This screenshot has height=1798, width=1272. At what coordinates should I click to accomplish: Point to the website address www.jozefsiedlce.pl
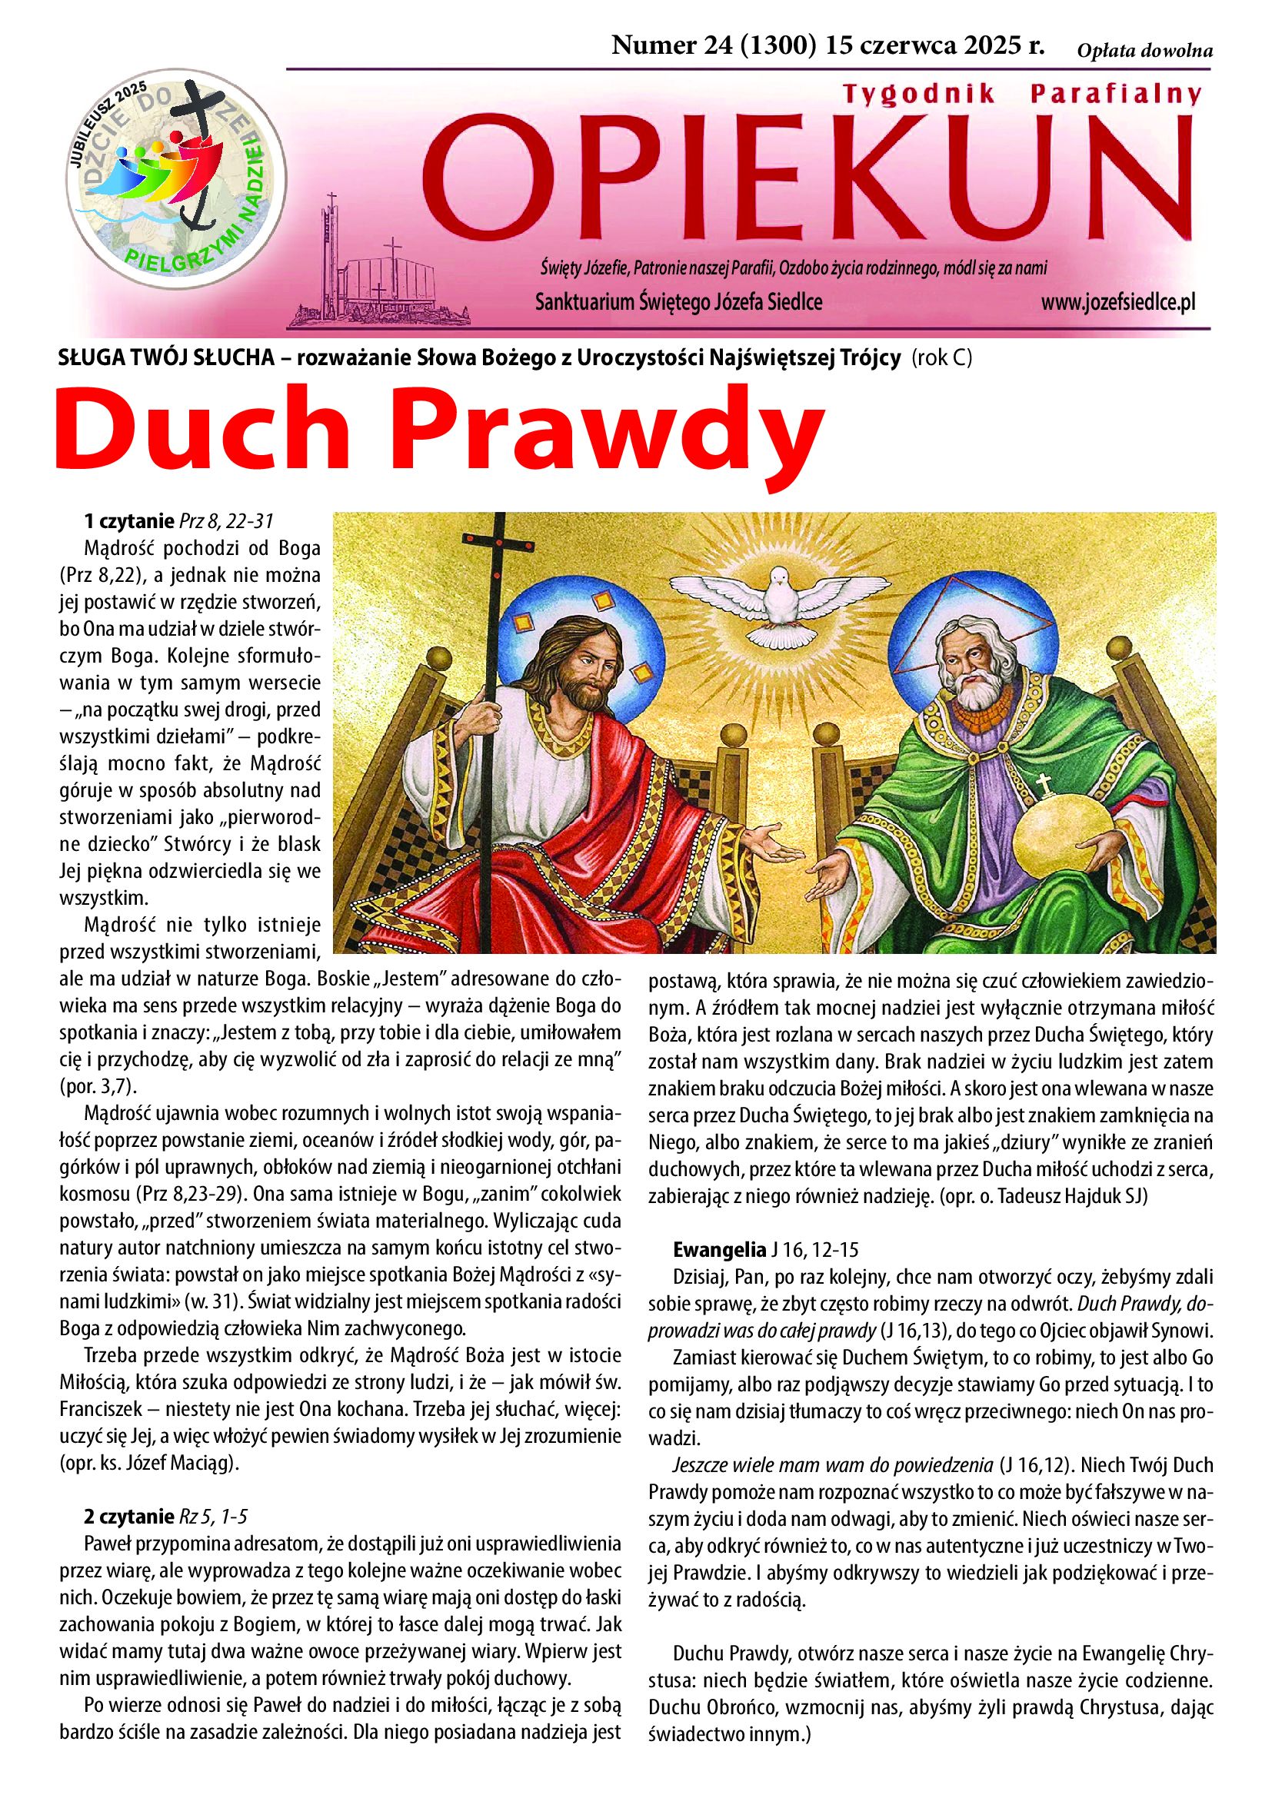[x=1117, y=302]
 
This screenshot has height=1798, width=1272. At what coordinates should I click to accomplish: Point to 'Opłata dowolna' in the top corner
[x=1144, y=52]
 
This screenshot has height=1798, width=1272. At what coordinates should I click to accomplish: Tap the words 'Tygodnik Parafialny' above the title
[x=1021, y=95]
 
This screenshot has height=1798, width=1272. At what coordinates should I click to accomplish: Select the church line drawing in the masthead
[x=380, y=270]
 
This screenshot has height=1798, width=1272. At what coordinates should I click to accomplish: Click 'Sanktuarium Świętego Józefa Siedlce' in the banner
[x=678, y=302]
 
